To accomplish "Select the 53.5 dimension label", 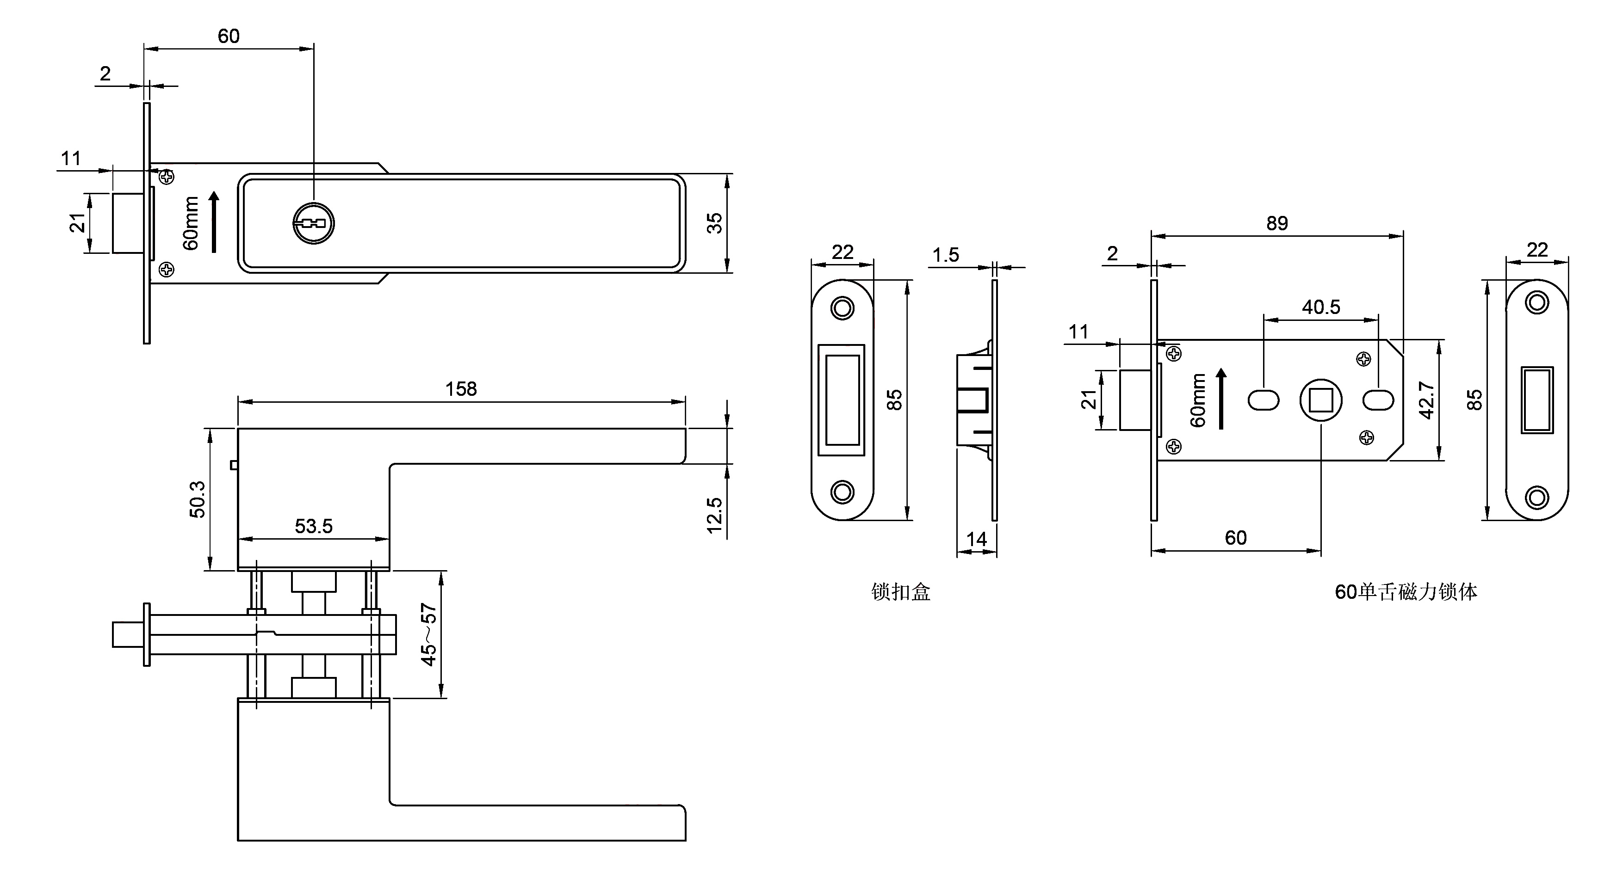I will point(313,526).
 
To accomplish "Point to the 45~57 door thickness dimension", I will point(428,634).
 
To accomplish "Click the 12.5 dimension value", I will point(714,515).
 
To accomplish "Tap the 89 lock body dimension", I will point(1276,223).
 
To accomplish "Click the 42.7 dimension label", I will point(1426,400).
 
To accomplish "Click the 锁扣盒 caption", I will point(900,592).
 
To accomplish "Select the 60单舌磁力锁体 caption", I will point(1406,592).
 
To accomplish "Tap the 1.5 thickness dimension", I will point(945,255).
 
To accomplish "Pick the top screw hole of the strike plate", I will point(842,308).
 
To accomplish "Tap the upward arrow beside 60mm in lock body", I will point(1221,399).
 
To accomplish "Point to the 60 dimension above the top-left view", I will point(229,37).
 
